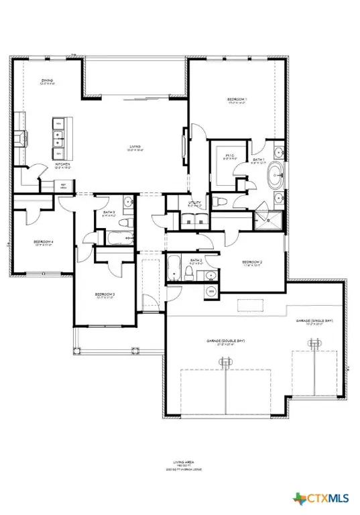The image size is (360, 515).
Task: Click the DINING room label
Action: tap(47, 80)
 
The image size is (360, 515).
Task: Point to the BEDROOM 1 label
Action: tap(237, 100)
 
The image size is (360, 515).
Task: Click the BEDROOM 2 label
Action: tap(251, 261)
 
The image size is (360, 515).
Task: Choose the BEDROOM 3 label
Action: tap(105, 294)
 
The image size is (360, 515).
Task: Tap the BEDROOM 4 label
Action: tap(44, 242)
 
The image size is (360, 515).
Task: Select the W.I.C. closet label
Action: tap(229, 156)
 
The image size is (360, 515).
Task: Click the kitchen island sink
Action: tap(59, 139)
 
